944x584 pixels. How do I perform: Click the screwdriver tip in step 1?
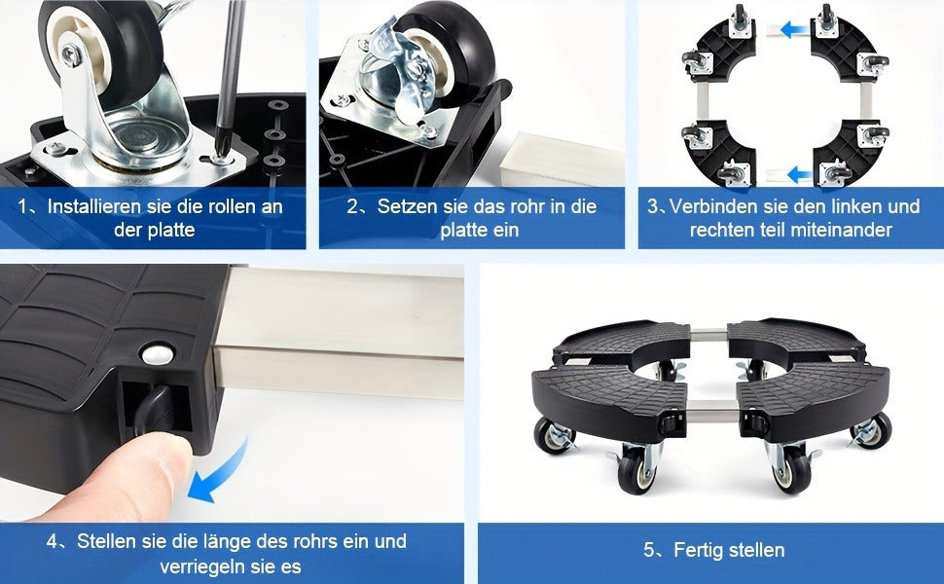222,158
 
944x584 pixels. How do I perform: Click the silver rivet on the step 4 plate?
157,354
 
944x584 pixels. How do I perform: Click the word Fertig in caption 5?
699,550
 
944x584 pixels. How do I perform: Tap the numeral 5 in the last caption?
649,550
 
